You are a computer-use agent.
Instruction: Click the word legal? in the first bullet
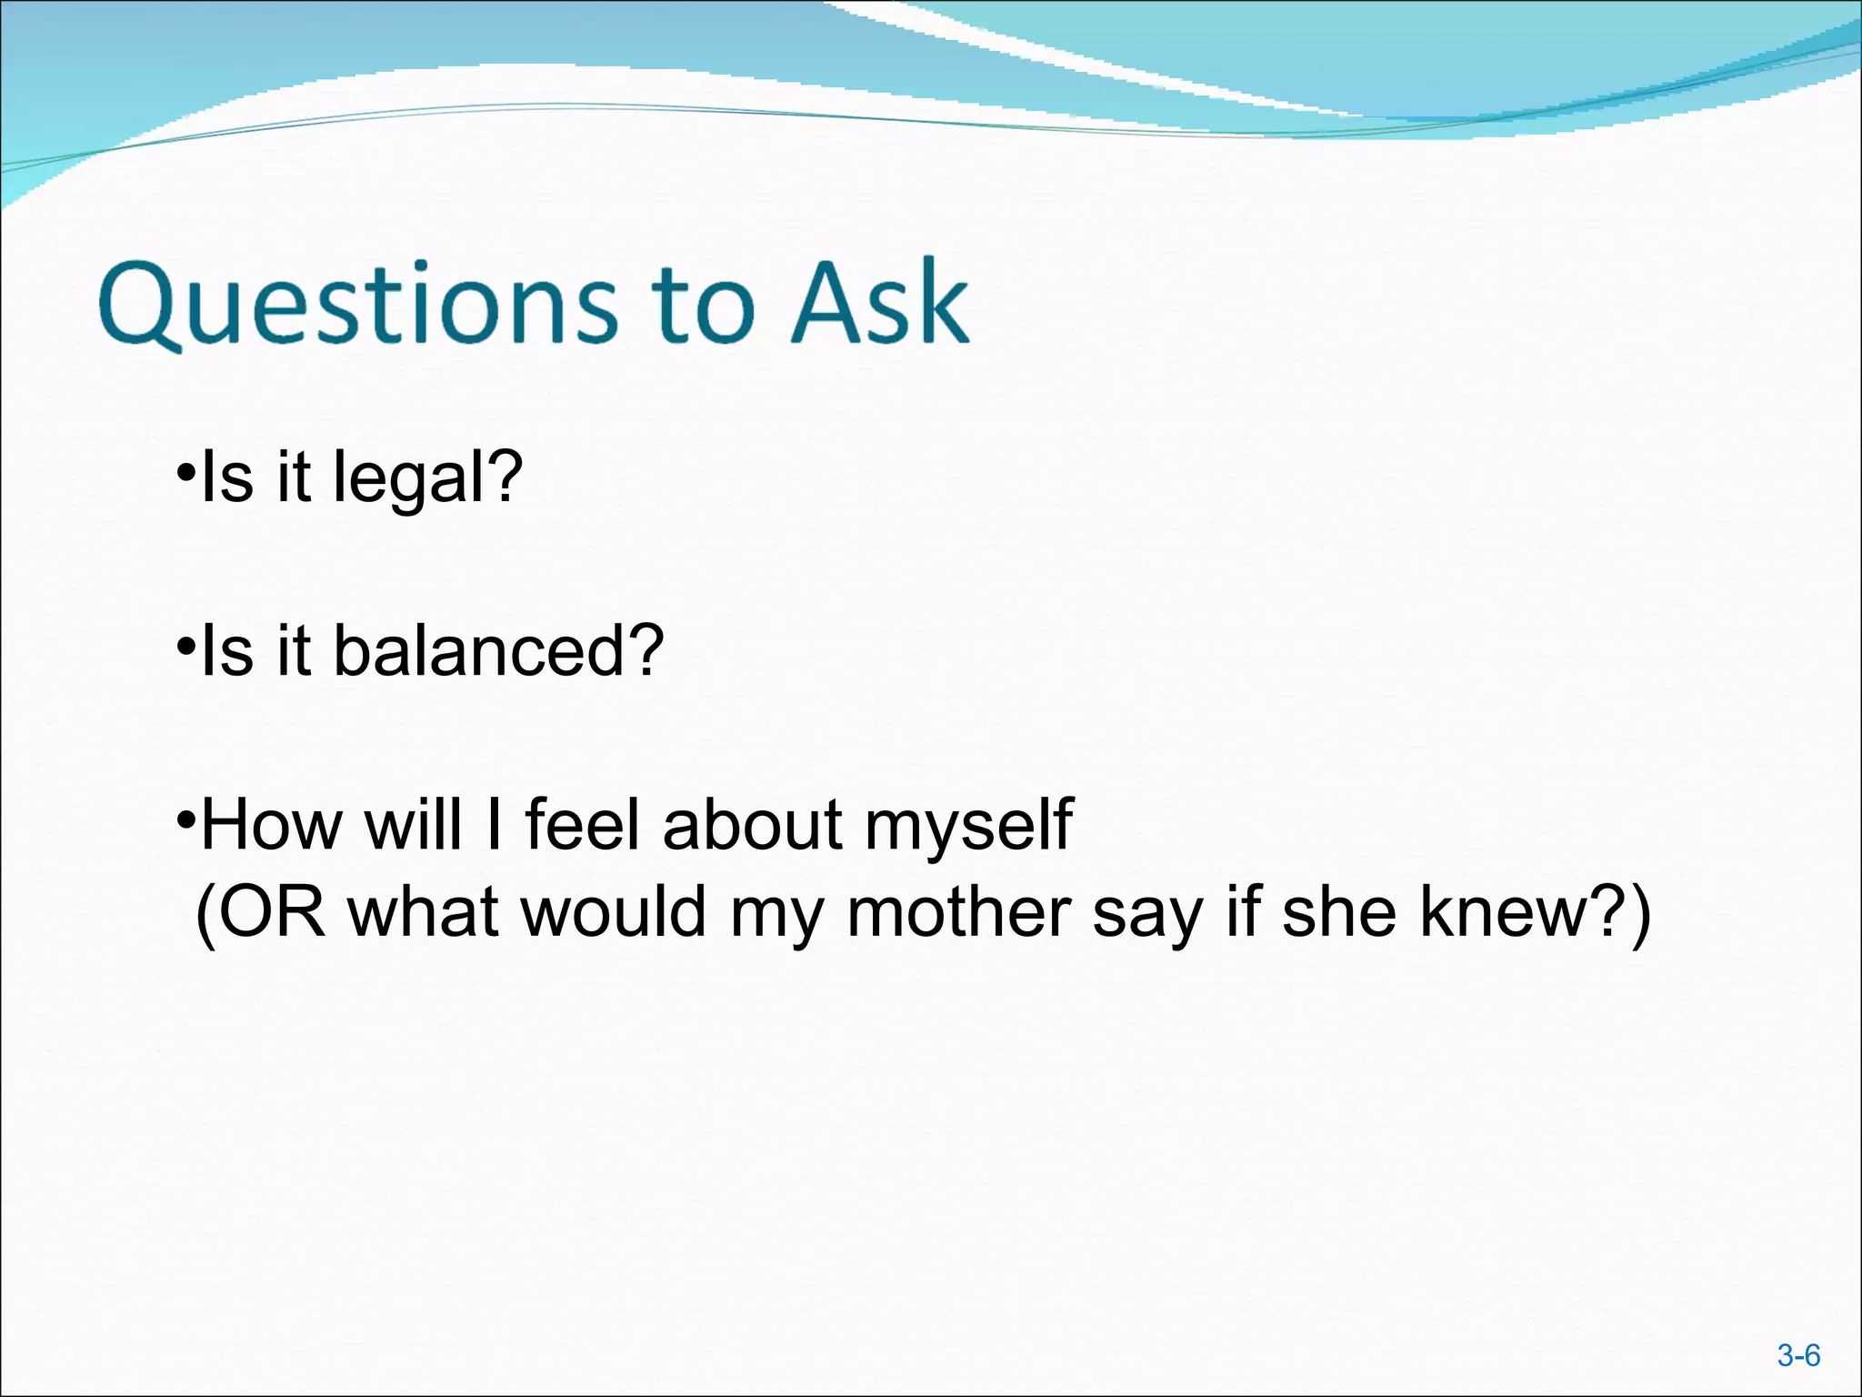pyautogui.click(x=427, y=478)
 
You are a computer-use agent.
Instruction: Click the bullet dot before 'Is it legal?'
pyautogui.click(x=186, y=474)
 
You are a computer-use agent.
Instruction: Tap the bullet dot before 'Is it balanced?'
pyautogui.click(x=186, y=647)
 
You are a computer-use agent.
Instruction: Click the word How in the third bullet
pyautogui.click(x=272, y=825)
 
